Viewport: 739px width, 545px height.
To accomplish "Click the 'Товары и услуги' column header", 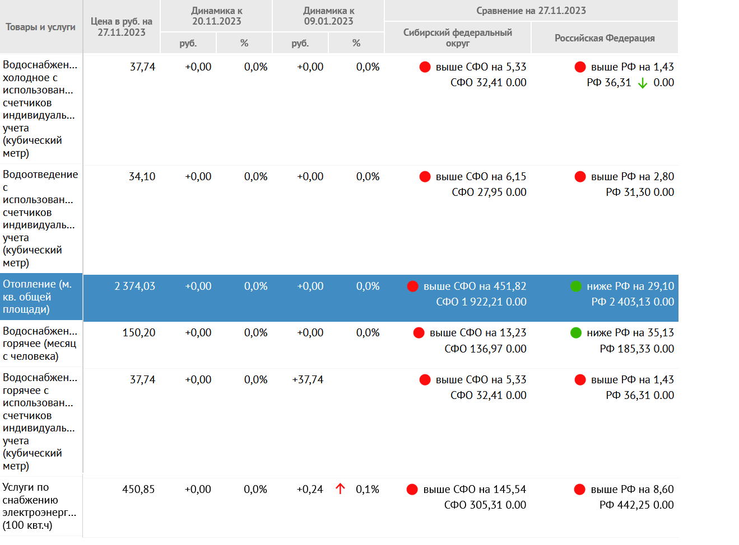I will [x=40, y=27].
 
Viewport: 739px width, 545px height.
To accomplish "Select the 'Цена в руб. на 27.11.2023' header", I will [x=122, y=27].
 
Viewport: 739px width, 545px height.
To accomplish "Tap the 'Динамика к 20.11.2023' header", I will [x=216, y=16].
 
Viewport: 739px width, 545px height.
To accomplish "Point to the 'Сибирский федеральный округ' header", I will [x=457, y=37].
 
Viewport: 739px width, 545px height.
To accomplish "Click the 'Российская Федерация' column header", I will [x=605, y=38].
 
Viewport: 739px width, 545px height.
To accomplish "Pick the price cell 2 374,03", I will [x=134, y=286].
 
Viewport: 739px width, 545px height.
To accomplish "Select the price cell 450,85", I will [x=138, y=490].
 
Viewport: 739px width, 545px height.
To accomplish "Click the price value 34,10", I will [x=142, y=177].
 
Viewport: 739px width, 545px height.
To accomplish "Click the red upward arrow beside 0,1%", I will [x=340, y=489].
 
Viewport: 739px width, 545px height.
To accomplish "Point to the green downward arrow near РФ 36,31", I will [x=643, y=83].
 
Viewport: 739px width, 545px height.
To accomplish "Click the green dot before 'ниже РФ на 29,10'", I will [x=576, y=286].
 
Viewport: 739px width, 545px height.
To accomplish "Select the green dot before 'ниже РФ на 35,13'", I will [x=576, y=333].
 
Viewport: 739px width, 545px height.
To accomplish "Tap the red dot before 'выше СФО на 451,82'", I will [x=413, y=286].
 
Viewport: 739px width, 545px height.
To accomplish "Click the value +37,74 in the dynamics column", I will [x=308, y=380].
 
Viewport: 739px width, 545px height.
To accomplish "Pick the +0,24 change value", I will [x=310, y=490].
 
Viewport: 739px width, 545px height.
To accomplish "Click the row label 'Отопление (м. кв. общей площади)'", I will [x=37, y=297].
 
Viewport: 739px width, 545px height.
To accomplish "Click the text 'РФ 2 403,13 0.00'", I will [x=633, y=302].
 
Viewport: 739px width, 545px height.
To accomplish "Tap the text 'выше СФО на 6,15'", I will [x=481, y=177].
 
